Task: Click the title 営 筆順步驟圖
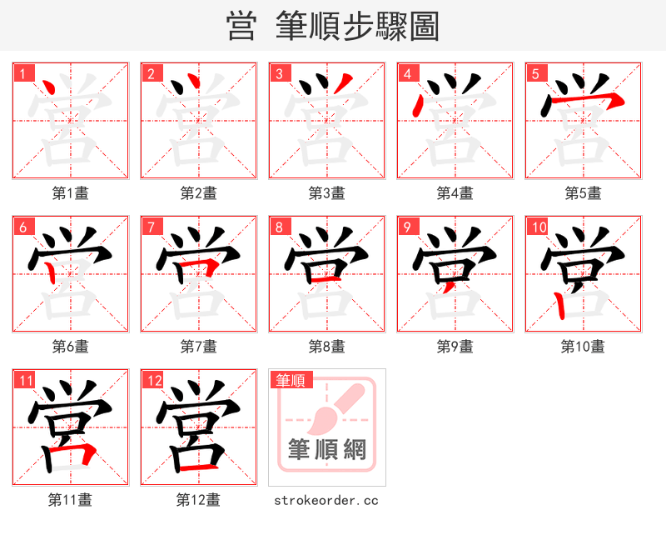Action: tap(332, 26)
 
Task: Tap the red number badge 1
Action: tap(22, 73)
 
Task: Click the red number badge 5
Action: tap(535, 73)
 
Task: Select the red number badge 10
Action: tap(538, 227)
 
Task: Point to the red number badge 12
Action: tap(153, 381)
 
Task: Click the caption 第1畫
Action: tap(71, 193)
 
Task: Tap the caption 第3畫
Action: tap(327, 193)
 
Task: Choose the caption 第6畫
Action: tap(71, 346)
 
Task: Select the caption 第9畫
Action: tap(455, 346)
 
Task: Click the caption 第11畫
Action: tap(71, 500)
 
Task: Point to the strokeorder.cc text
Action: tap(327, 500)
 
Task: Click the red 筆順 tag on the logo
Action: tap(291, 380)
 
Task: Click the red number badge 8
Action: tap(279, 227)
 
